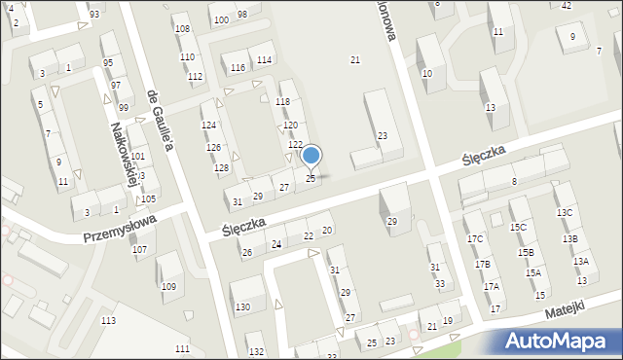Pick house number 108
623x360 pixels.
pyautogui.click(x=182, y=28)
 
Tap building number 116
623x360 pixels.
pyautogui.click(x=238, y=68)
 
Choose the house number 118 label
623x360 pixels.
pyautogui.click(x=283, y=101)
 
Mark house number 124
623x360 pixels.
pyautogui.click(x=208, y=126)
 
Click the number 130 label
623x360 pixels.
pyautogui.click(x=242, y=307)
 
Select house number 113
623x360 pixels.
pyautogui.click(x=108, y=320)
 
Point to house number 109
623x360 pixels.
pyautogui.click(x=168, y=286)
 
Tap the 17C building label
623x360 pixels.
pyautogui.click(x=474, y=239)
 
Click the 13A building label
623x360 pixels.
pyautogui.click(x=580, y=261)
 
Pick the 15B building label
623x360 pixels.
pyautogui.click(x=525, y=252)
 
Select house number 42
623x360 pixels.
pyautogui.click(x=567, y=5)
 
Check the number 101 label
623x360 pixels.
pyautogui.click(x=138, y=157)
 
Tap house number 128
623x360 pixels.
pyautogui.click(x=222, y=168)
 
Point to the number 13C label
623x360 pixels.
pyautogui.click(x=565, y=212)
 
